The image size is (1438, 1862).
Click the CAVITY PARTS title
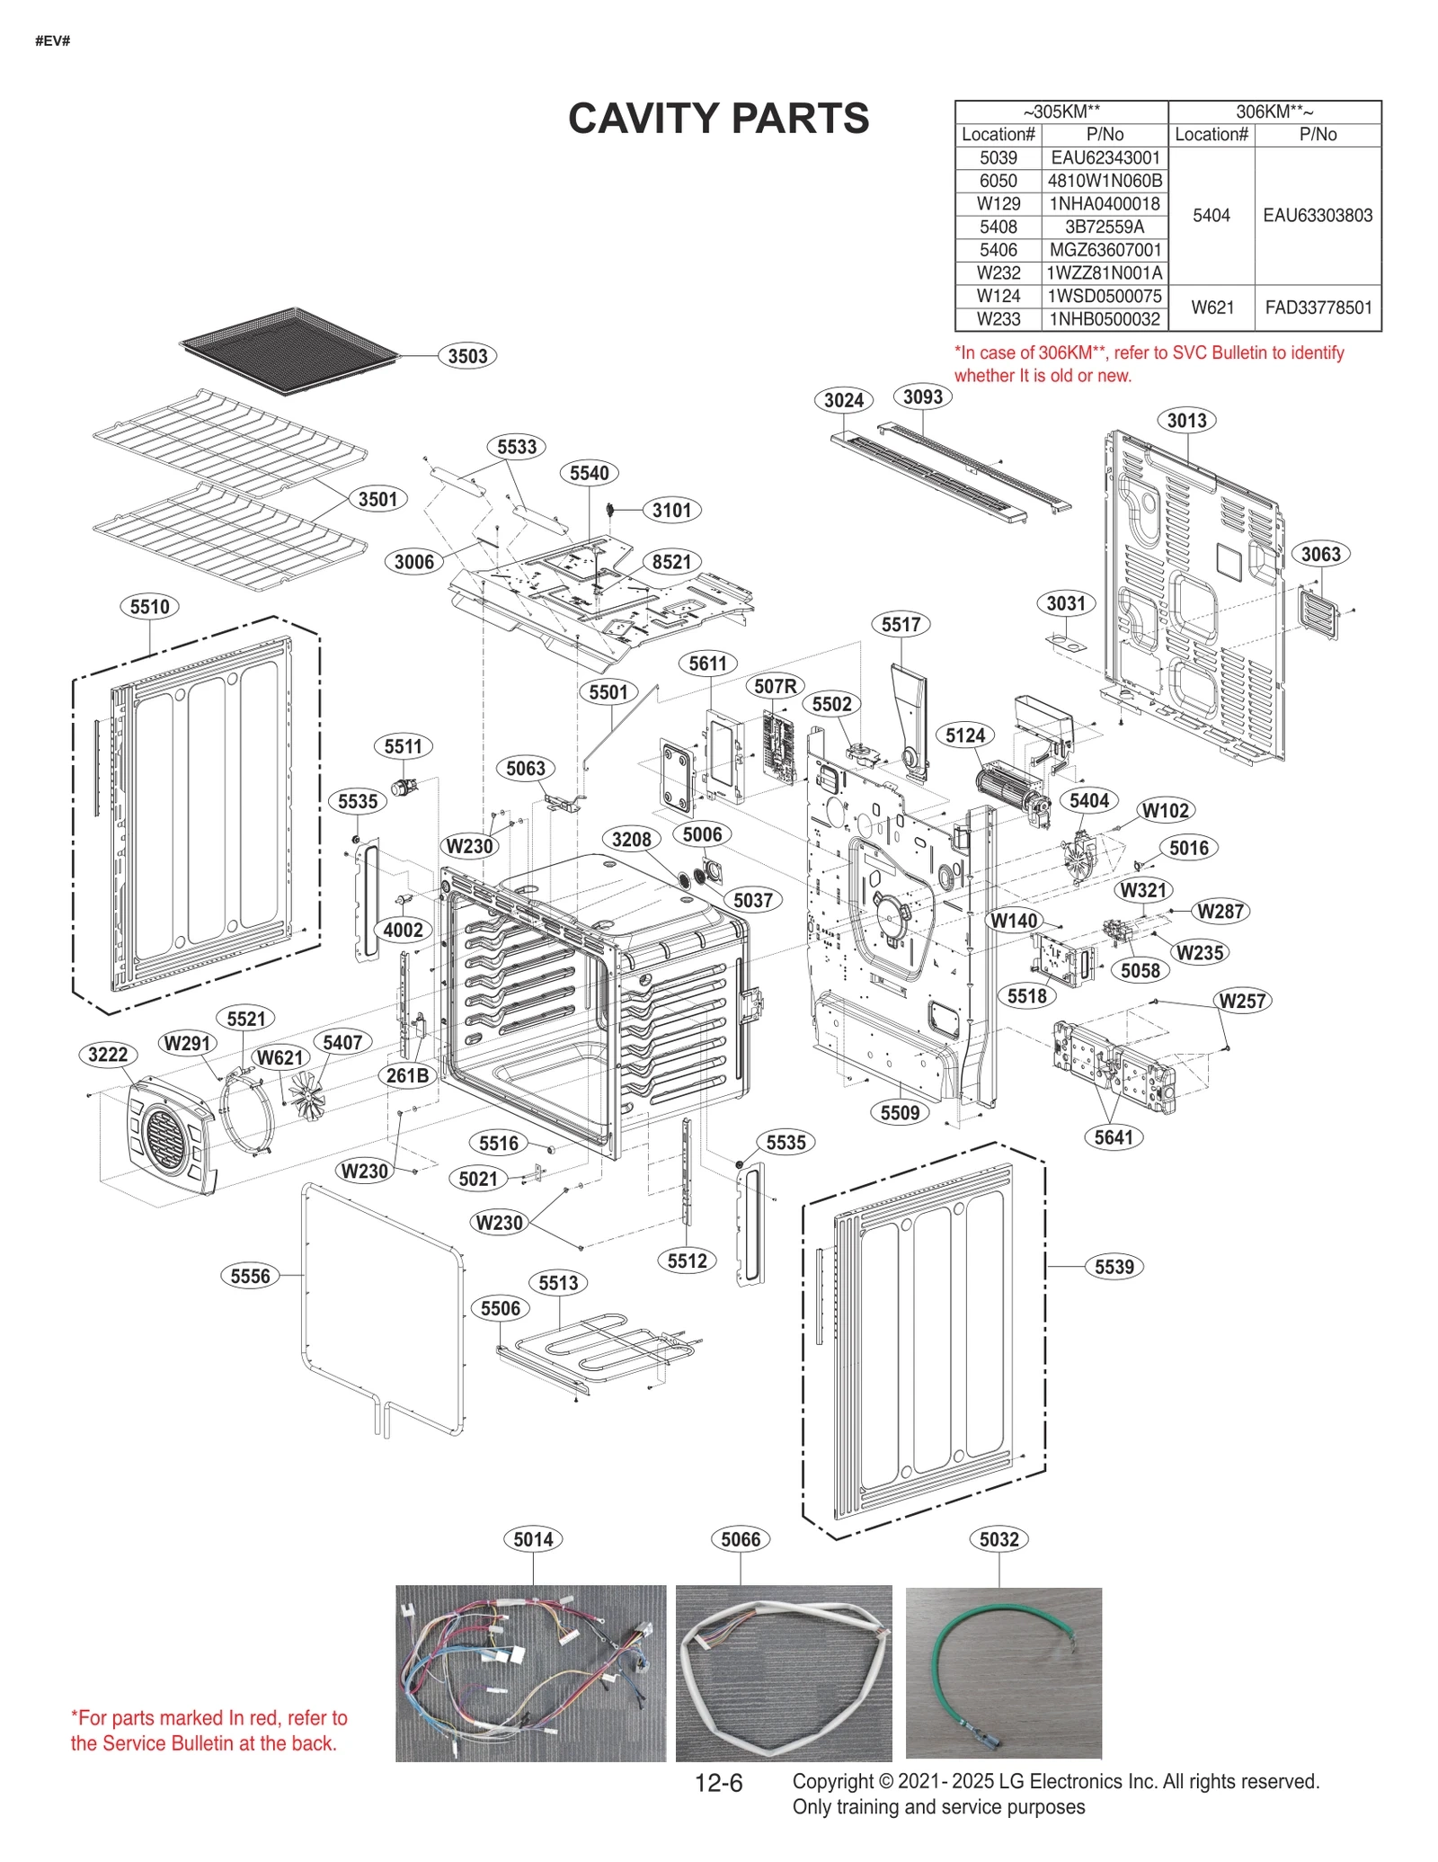718,119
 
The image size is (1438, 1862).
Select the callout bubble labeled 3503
467,356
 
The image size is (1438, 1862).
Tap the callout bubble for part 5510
149,607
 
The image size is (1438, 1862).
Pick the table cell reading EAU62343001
1105,157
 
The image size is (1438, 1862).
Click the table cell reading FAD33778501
1318,307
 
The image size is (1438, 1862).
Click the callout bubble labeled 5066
741,1539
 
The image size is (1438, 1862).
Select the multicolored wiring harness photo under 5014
530,1672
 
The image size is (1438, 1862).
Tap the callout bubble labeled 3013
1186,420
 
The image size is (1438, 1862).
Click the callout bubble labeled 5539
1114,1267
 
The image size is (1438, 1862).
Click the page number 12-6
718,1783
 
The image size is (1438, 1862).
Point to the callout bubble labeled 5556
250,1276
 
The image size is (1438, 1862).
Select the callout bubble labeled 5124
965,735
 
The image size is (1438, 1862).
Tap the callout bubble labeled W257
1242,1001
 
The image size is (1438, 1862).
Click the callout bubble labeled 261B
407,1075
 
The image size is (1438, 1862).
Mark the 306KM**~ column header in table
1274,112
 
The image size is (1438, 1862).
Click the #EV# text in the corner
52,41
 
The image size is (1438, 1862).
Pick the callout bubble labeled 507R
775,686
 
